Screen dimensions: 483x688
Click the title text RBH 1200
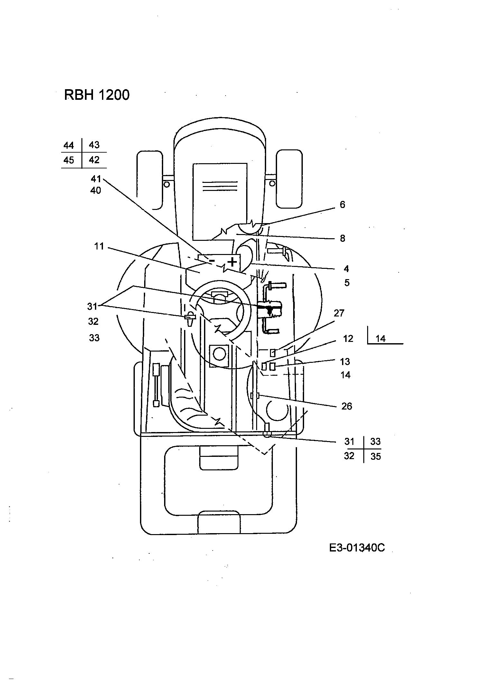click(x=97, y=95)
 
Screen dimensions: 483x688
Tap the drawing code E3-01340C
click(x=357, y=548)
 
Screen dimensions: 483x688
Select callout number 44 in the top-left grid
click(x=69, y=146)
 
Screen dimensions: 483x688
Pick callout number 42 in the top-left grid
click(x=94, y=160)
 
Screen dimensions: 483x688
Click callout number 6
click(x=342, y=204)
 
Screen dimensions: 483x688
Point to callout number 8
click(x=342, y=238)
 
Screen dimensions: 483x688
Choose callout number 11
click(x=99, y=246)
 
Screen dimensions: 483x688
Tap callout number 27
click(x=339, y=313)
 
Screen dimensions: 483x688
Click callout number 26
click(x=347, y=406)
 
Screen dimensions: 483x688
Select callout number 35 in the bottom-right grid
click(x=376, y=457)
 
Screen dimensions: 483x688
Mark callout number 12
click(x=348, y=339)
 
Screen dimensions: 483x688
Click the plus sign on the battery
click(x=232, y=262)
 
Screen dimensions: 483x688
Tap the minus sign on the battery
click(x=212, y=260)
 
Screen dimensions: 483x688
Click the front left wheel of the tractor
click(x=150, y=179)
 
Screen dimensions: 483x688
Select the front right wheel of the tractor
click(x=289, y=179)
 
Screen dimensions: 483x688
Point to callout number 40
click(x=96, y=191)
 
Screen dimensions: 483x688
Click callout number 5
click(x=347, y=283)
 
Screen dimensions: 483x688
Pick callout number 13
click(x=345, y=362)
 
